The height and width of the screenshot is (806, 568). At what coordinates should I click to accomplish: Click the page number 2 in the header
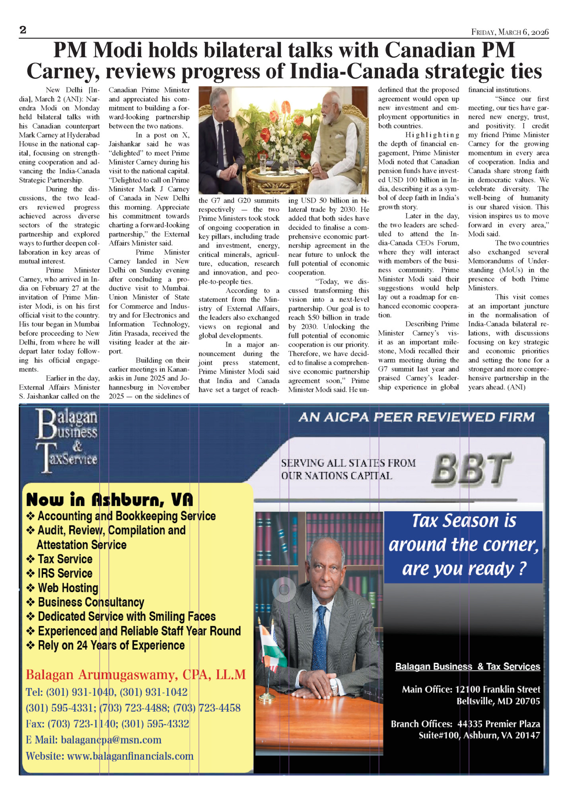tap(23, 30)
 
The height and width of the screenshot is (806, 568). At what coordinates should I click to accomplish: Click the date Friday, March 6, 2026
tap(510, 32)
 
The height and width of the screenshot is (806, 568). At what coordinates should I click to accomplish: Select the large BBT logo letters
tap(471, 469)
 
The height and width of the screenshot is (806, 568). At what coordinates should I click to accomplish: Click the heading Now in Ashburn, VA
tap(109, 500)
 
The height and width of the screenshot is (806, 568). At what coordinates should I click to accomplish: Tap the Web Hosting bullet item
tap(68, 588)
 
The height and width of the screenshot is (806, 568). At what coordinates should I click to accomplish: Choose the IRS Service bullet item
tap(65, 573)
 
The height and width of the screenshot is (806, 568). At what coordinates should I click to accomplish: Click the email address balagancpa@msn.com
tap(111, 740)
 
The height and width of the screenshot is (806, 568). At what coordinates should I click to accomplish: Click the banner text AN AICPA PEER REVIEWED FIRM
tap(416, 417)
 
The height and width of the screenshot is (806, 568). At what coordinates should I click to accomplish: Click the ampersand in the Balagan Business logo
tap(77, 446)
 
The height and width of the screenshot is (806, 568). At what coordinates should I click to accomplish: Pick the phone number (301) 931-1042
tap(154, 692)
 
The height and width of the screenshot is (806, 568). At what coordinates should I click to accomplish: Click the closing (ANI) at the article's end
tap(516, 387)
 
